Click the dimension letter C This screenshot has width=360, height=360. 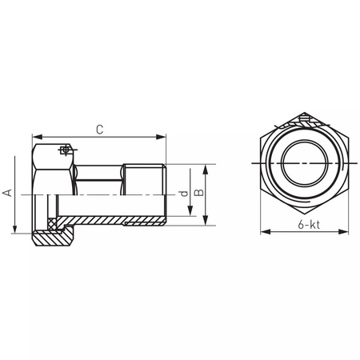(98, 128)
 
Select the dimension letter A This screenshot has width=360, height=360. (8, 192)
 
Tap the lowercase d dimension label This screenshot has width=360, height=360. (182, 194)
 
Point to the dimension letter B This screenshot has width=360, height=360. (200, 193)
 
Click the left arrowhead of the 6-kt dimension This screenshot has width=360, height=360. (263, 233)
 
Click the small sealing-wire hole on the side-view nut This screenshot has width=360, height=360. (65, 149)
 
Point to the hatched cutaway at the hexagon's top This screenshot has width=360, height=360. (303, 122)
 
